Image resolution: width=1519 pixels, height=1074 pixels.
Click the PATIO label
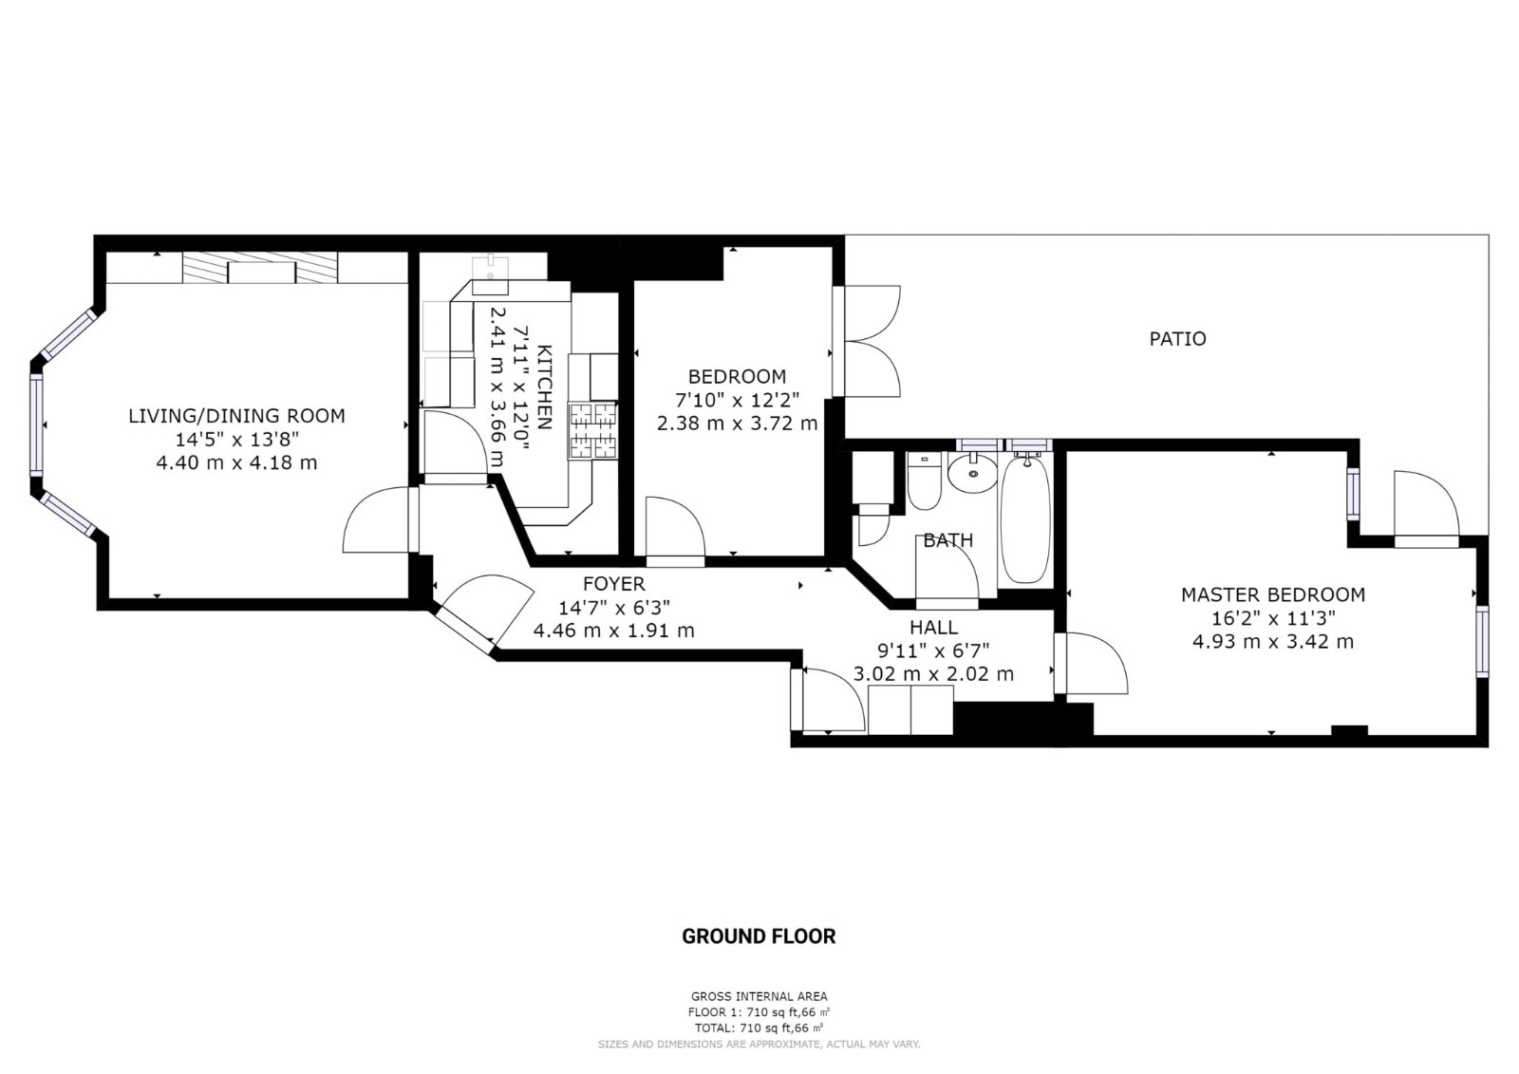(x=1177, y=339)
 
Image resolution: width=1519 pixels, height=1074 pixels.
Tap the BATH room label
(x=948, y=540)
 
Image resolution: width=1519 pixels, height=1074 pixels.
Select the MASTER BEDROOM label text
(x=1273, y=594)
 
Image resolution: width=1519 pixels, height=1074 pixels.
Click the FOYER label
(x=613, y=583)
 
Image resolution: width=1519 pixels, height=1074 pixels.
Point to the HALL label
(x=934, y=627)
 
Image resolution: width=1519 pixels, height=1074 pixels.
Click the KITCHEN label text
(x=545, y=387)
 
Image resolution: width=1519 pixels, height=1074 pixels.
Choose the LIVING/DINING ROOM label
(x=236, y=416)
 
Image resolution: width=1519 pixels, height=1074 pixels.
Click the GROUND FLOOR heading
(x=759, y=936)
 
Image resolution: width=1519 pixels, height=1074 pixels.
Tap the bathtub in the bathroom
(x=1025, y=519)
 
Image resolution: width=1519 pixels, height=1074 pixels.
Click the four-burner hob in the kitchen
(x=593, y=430)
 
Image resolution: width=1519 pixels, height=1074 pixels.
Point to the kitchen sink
(x=490, y=274)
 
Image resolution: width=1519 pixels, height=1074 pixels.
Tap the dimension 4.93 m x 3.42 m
(x=1273, y=642)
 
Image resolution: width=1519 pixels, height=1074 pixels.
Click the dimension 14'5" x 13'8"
(x=236, y=440)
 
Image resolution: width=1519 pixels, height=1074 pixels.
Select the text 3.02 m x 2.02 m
(x=934, y=674)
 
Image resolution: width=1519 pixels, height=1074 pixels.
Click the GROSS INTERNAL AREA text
(x=759, y=997)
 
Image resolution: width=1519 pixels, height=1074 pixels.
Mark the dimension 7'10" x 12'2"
(x=737, y=401)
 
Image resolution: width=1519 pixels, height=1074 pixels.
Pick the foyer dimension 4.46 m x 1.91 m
(x=613, y=631)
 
